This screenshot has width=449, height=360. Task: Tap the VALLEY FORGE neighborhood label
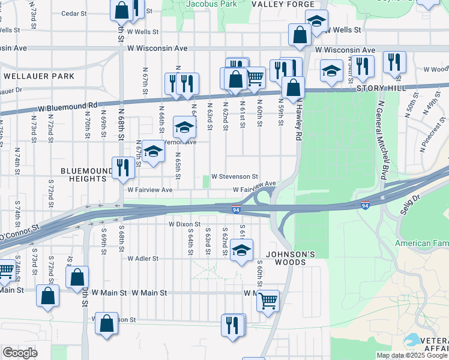coord(275,4)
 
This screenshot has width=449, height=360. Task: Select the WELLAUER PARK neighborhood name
coord(39,76)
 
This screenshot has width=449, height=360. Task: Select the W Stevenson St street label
coord(234,177)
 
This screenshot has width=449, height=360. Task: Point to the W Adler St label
coord(142,259)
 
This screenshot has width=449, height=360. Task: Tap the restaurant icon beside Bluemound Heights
coord(122,167)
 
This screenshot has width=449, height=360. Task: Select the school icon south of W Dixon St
coord(241,250)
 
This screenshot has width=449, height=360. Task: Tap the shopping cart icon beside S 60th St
coord(268,300)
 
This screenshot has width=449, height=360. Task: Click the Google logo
coord(20,353)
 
